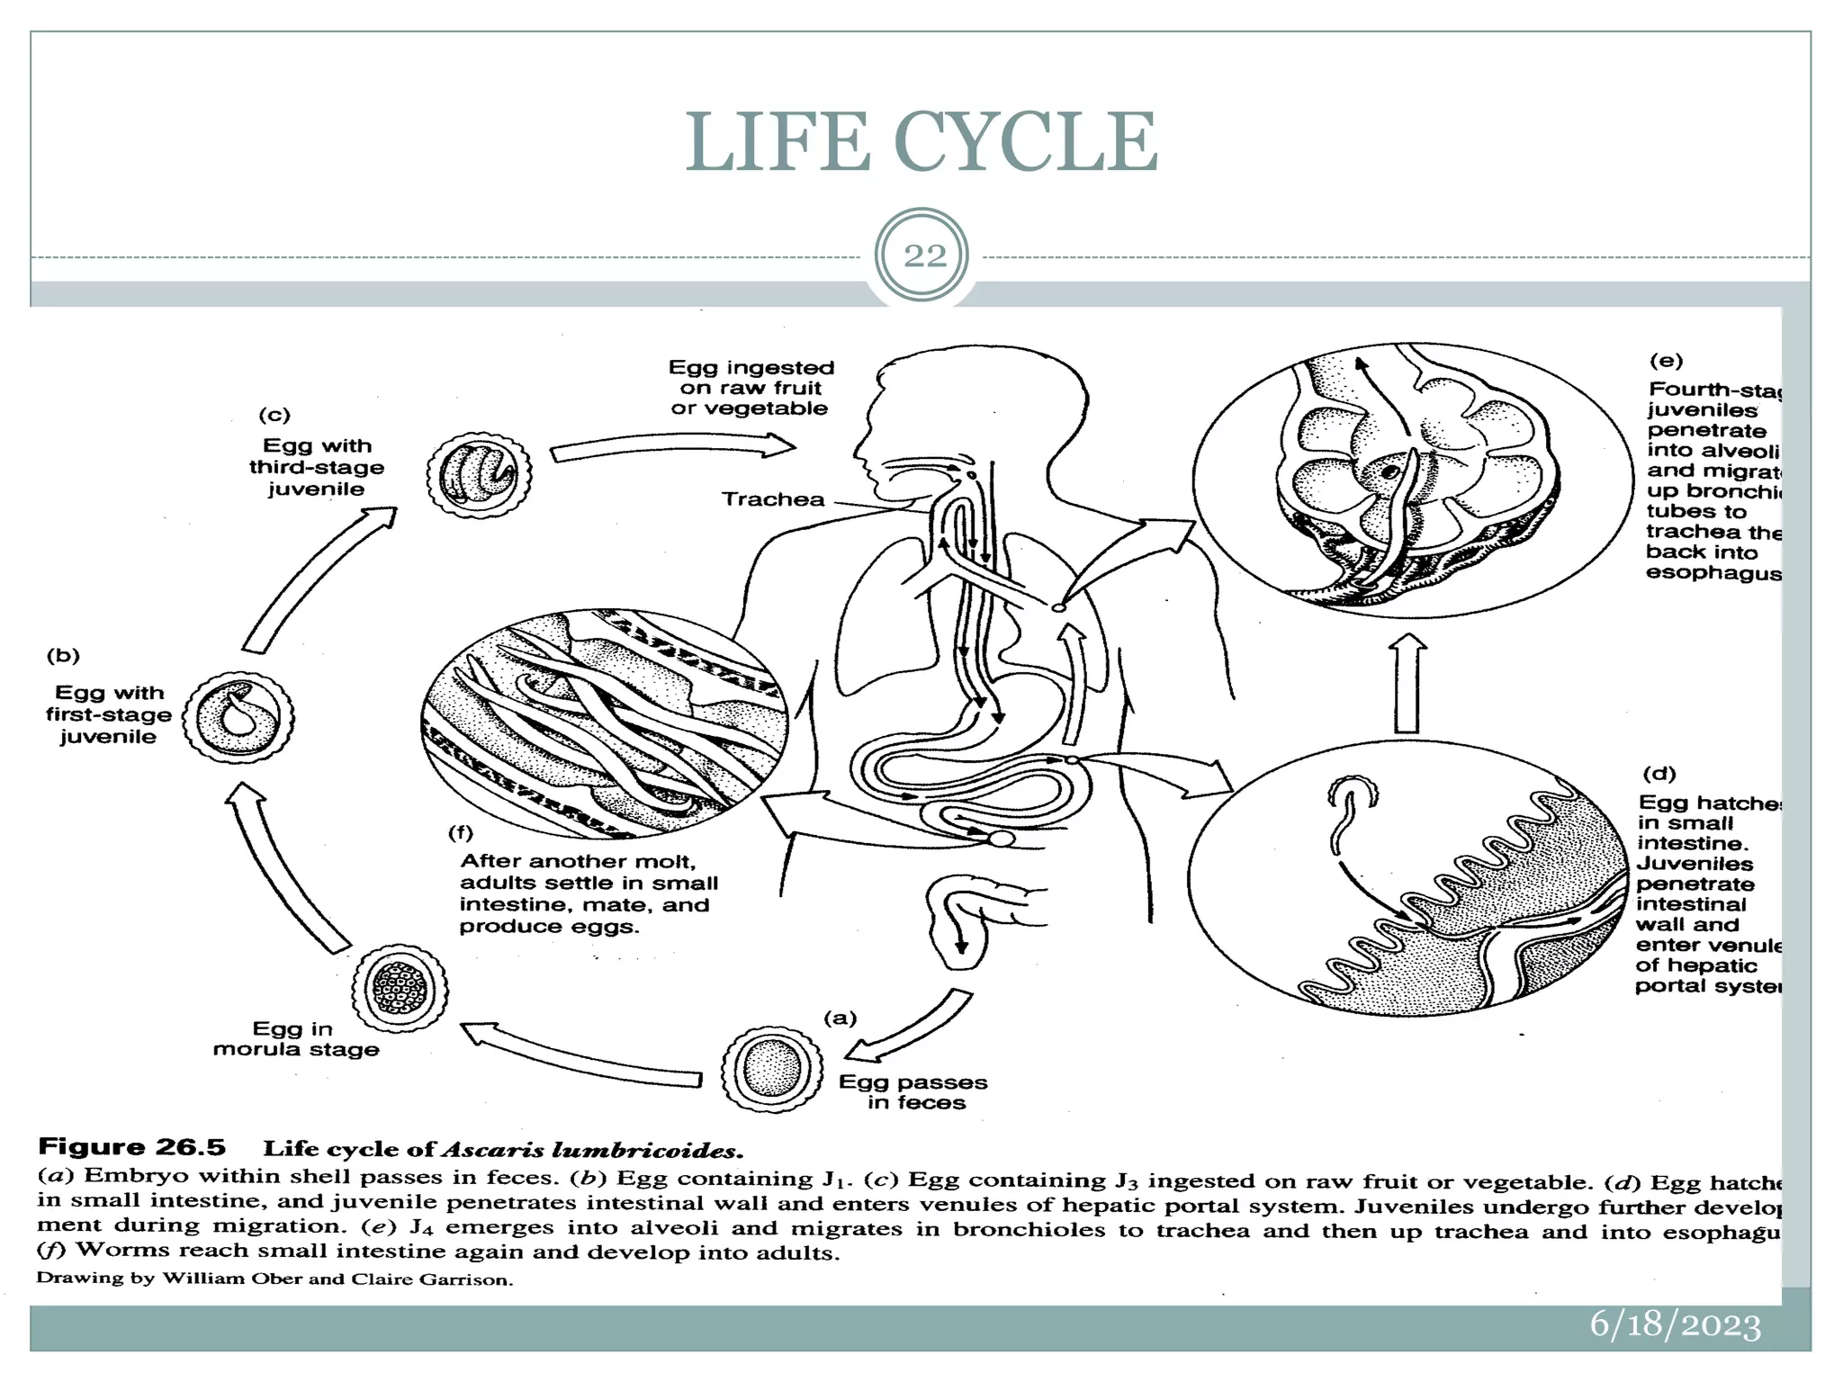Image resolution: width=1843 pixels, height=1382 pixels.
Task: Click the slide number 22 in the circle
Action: pos(923,256)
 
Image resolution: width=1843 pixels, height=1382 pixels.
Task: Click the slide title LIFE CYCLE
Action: pos(921,142)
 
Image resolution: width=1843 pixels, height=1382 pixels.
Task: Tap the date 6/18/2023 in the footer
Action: pos(1675,1325)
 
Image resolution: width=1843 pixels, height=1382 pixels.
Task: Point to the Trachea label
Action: pos(773,499)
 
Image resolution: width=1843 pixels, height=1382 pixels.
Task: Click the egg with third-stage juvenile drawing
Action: pos(479,474)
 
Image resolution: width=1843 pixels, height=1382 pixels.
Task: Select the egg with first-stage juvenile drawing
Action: pos(238,717)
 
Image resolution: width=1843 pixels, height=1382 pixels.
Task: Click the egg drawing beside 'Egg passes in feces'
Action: pos(772,1069)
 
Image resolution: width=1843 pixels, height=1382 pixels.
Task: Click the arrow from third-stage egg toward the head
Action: pos(670,447)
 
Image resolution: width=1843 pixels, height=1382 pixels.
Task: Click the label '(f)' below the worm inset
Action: pos(460,832)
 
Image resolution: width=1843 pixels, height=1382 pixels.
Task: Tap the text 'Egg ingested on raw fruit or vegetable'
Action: pos(751,388)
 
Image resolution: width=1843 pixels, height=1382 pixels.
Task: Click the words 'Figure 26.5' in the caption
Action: pos(131,1147)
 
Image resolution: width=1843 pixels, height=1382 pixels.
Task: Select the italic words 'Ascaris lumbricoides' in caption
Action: pos(591,1150)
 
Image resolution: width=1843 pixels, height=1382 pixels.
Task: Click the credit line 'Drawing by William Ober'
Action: pos(274,1279)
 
